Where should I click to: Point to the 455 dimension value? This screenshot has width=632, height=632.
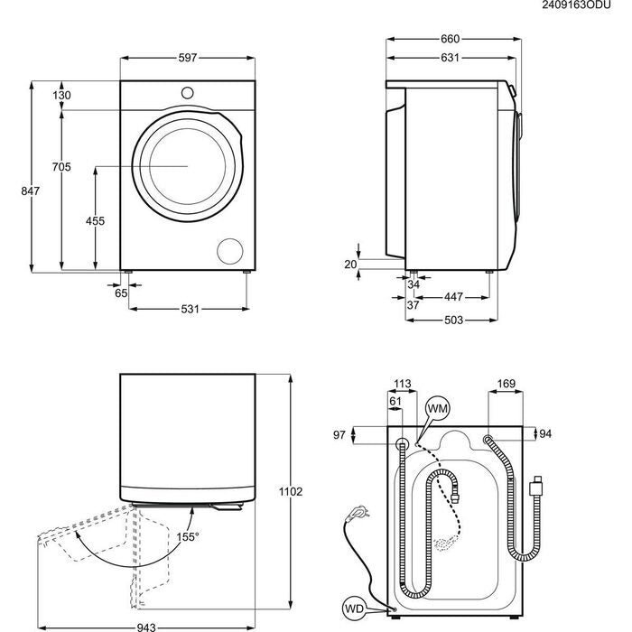pyautogui.click(x=95, y=221)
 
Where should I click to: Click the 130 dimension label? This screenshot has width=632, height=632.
pyautogui.click(x=60, y=96)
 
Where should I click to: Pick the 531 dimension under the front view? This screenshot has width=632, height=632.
pyautogui.click(x=189, y=310)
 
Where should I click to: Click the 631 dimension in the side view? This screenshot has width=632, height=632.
pyautogui.click(x=449, y=58)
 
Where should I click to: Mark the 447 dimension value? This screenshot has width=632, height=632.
pyautogui.click(x=453, y=297)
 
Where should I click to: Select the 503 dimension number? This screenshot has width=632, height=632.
pyautogui.click(x=453, y=321)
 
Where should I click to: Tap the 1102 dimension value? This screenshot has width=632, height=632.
pyautogui.click(x=291, y=491)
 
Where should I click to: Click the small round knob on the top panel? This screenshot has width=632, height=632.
pyautogui.click(x=188, y=91)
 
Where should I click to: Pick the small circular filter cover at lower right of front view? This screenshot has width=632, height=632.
pyautogui.click(x=231, y=251)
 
